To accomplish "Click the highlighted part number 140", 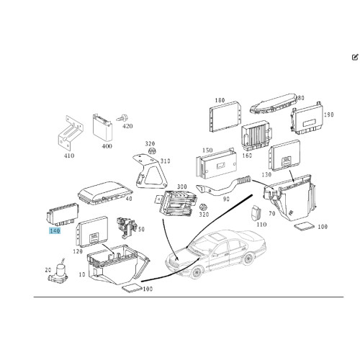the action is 55,231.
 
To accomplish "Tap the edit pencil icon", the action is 355,58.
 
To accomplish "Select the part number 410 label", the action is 69,156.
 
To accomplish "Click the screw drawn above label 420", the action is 122,118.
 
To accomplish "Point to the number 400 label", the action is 107,146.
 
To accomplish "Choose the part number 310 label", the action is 166,161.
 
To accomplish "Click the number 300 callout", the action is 182,186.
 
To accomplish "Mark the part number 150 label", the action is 207,150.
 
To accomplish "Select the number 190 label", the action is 328,114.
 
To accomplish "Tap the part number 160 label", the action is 247,156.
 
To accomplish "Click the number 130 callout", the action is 266,174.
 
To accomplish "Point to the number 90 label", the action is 226,199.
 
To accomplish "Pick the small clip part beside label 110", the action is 255,212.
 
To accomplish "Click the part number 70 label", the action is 271,213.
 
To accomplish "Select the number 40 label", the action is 129,199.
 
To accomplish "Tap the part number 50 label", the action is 141,229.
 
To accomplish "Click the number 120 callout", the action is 78,251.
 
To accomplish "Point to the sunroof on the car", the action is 216,237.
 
